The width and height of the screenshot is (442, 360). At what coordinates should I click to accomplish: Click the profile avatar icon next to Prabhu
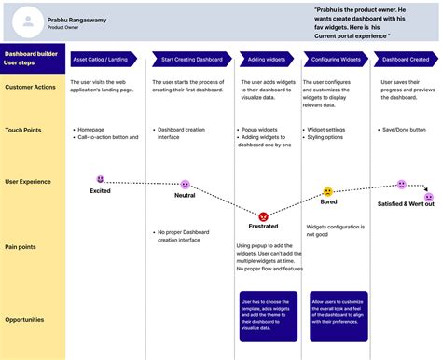click(31, 21)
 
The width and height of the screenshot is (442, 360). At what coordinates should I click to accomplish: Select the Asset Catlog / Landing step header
click(100, 59)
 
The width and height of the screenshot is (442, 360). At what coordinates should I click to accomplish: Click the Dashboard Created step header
click(405, 59)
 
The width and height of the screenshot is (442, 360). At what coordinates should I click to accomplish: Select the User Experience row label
click(29, 182)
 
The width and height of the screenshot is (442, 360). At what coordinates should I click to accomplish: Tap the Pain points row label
click(21, 247)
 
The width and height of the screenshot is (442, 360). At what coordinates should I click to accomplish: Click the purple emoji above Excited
click(101, 178)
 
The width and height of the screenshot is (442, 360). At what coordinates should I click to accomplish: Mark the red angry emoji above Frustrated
click(264, 215)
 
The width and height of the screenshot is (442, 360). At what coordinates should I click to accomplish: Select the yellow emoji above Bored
click(328, 192)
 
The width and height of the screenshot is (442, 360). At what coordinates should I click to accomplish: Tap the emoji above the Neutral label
click(185, 185)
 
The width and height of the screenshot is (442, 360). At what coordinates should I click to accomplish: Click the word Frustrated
click(264, 227)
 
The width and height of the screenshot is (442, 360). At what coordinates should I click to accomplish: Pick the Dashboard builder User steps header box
click(33, 59)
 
